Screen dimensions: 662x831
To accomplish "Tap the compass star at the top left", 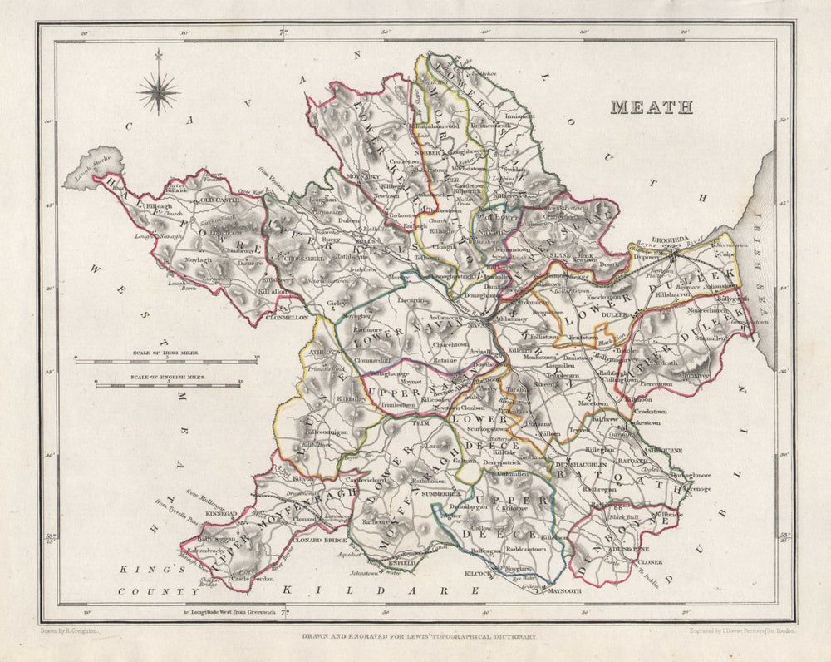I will (x=159, y=91).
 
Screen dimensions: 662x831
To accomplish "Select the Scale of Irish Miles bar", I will (x=166, y=360).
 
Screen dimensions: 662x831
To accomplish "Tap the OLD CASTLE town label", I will (x=219, y=200).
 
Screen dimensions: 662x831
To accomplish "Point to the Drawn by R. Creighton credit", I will (x=69, y=631).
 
